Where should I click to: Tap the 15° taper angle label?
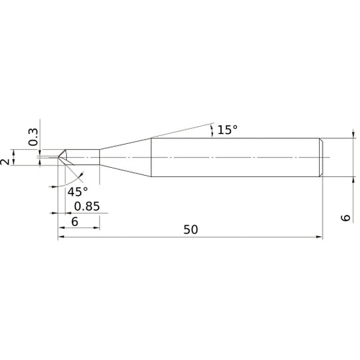227,130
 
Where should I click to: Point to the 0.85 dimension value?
87,207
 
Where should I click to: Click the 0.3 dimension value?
33,136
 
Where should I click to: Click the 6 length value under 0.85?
74,222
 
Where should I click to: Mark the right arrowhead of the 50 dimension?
319,236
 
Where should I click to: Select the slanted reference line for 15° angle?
180,130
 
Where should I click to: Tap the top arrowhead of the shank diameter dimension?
354,134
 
